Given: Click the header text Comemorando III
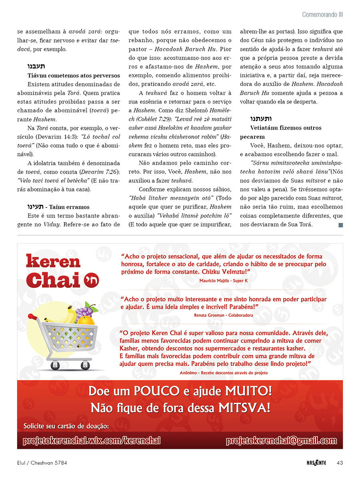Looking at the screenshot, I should (322, 15).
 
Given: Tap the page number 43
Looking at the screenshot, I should (340, 463).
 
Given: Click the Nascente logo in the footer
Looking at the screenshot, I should (314, 463).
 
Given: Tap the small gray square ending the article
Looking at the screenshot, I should (341, 225).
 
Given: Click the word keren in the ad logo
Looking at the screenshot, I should (53, 262).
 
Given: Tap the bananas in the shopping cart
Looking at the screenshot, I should (66, 314).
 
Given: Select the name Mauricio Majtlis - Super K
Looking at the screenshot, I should (223, 280).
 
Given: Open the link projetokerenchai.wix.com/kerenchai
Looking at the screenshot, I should (92, 440).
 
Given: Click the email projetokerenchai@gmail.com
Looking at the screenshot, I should (281, 440).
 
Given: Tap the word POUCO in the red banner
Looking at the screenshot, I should (149, 390).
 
